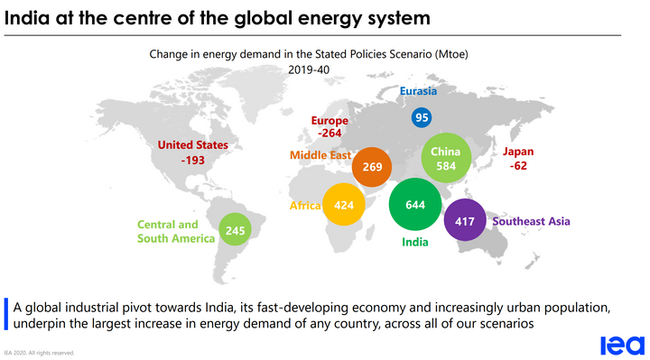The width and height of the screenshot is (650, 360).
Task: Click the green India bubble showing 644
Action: pyautogui.click(x=415, y=205)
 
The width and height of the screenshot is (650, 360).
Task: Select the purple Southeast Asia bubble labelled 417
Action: pyautogui.click(x=465, y=221)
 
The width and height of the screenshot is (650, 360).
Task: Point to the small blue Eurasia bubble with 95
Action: pyautogui.click(x=422, y=117)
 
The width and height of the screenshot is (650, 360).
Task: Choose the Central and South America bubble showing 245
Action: pyautogui.click(x=235, y=230)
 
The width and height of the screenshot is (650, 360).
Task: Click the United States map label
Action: pyautogui.click(x=192, y=144)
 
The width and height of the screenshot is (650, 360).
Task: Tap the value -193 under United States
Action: pyautogui.click(x=192, y=160)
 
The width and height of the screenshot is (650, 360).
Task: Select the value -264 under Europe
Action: pyautogui.click(x=330, y=134)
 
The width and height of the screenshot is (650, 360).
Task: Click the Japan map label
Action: pyautogui.click(x=518, y=152)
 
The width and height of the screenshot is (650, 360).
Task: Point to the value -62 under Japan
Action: pyautogui.click(x=518, y=167)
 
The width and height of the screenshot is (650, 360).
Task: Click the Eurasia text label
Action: pyautogui.click(x=418, y=91)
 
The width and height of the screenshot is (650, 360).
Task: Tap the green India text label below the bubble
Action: pyautogui.click(x=414, y=242)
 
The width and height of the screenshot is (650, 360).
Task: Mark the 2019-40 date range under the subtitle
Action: pyautogui.click(x=310, y=69)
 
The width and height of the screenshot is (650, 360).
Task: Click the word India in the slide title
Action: pyautogui.click(x=28, y=17)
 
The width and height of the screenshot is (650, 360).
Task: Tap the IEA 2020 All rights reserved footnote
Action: pyautogui.click(x=39, y=353)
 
